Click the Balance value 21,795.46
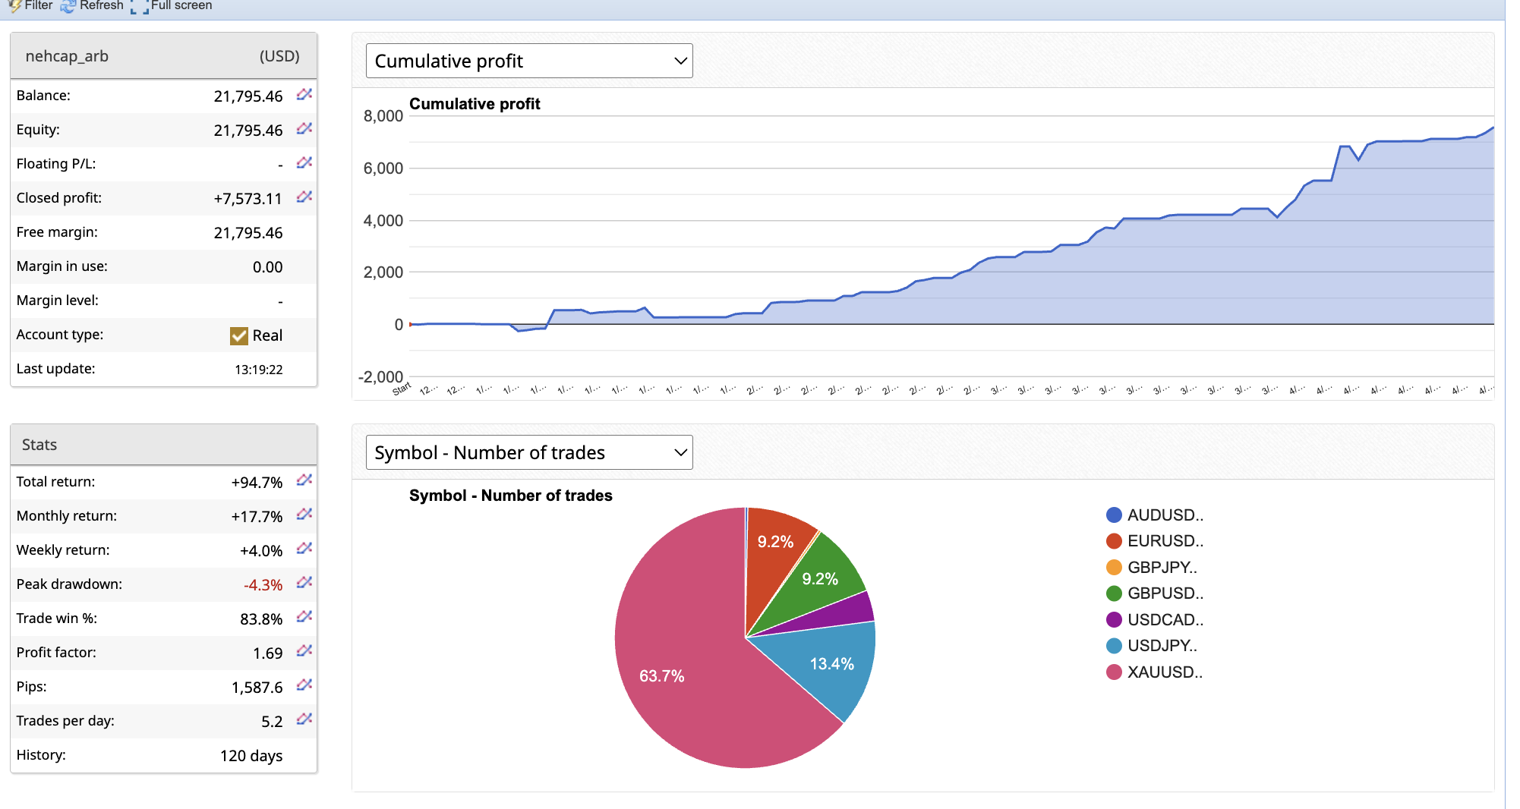248,96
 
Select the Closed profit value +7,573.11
248,199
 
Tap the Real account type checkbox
239,335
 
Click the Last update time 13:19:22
258,370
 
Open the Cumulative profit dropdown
528,61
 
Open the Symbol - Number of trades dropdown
528,452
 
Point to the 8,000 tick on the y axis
383,116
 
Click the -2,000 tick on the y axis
380,377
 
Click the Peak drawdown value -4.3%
263,585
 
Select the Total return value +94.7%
257,483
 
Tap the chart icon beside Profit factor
304,651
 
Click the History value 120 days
251,756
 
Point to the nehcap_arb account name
67,56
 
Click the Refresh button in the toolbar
92,5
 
